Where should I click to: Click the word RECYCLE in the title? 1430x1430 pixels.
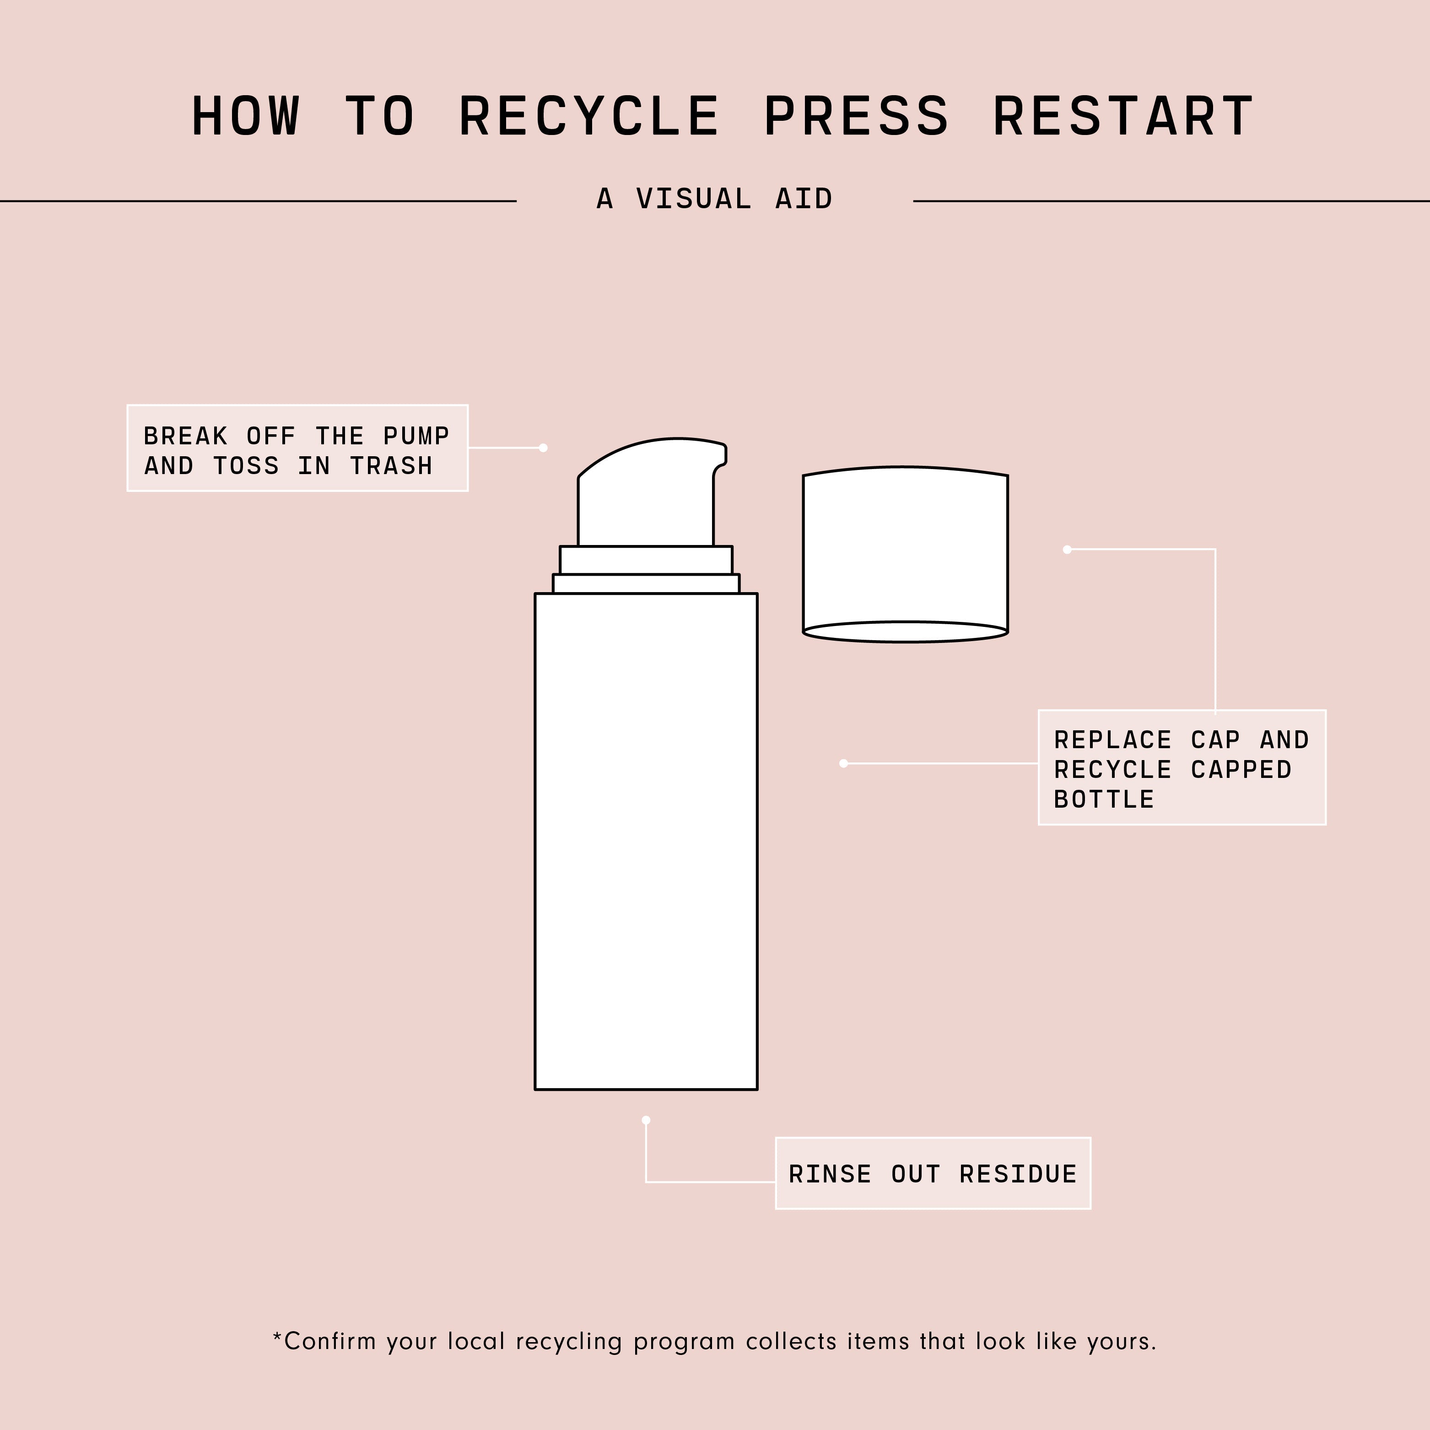pos(589,116)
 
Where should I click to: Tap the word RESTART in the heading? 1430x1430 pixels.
pos(1123,116)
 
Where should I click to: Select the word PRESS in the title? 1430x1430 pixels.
pos(856,116)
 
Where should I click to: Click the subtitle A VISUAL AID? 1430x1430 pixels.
pos(715,199)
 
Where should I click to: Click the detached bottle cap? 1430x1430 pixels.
pos(905,555)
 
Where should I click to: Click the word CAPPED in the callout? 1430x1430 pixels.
pos(1241,770)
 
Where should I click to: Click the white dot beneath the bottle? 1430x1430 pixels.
pos(646,1120)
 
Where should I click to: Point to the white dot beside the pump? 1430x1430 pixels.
pos(543,448)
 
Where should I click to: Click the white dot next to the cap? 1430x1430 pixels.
pos(1067,549)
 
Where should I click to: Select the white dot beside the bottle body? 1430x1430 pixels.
pos(844,763)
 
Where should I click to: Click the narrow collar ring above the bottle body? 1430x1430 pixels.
pos(646,583)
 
